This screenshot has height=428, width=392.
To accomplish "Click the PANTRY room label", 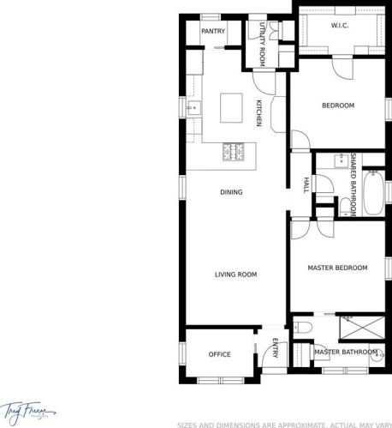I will point(212,32).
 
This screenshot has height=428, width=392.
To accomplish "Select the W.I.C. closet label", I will point(338,26).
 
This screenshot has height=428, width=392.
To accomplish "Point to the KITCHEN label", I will point(259,113).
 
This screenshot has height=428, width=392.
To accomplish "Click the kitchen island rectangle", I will point(231,109).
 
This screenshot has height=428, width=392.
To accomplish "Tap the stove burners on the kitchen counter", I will point(233,153).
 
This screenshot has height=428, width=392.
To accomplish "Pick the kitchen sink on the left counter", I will point(194,109).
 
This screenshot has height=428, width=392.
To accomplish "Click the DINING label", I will point(231,192).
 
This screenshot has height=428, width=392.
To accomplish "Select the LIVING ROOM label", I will point(235,274).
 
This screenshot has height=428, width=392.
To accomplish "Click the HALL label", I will point(306,184).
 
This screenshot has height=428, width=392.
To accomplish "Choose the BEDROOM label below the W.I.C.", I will point(337,105).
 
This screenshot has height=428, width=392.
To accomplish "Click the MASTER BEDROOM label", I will point(337,268).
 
